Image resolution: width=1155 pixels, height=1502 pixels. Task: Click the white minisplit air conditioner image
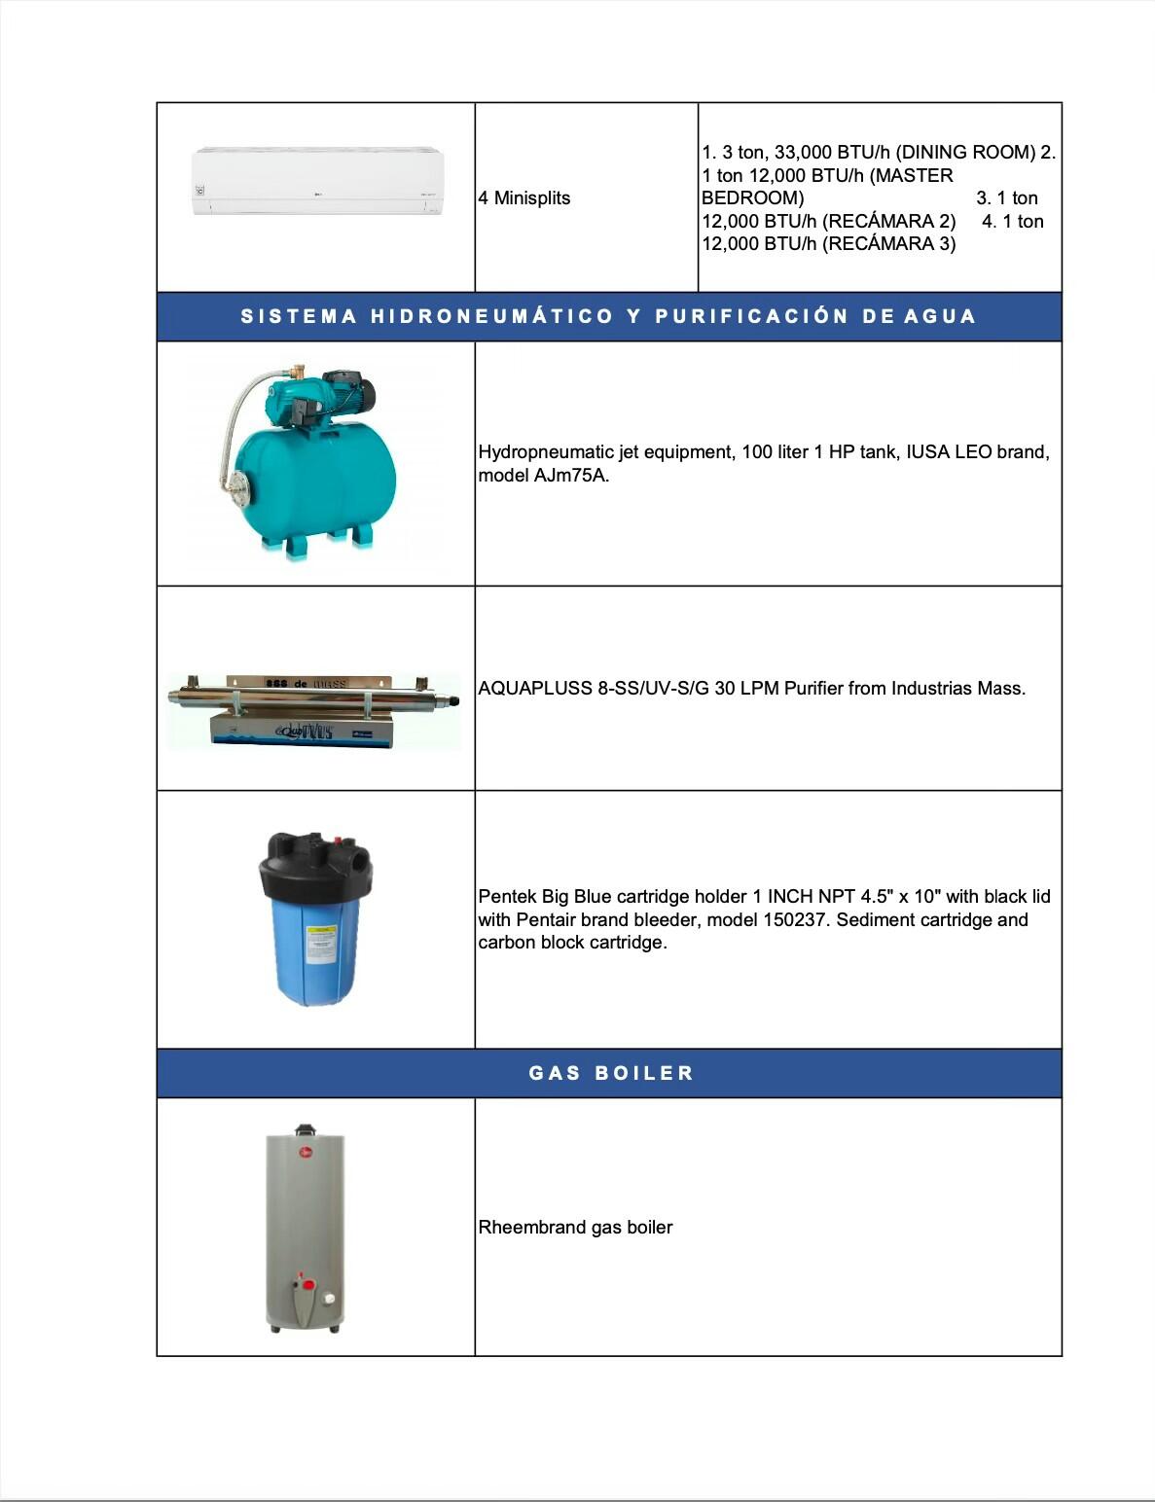click(317, 181)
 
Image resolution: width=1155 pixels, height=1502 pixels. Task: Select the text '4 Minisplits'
click(524, 198)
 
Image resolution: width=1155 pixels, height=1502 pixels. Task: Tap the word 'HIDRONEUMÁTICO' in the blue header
click(492, 316)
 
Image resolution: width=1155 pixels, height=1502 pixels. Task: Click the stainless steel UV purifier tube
click(311, 697)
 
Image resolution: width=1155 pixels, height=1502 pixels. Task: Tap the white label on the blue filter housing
click(320, 945)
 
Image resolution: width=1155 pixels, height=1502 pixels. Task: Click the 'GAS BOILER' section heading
click(610, 1073)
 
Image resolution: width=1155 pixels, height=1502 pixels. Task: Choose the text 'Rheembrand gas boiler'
click(575, 1228)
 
